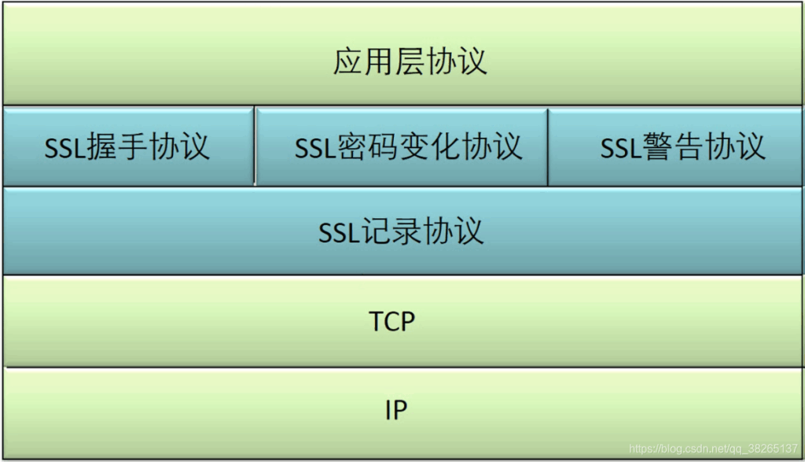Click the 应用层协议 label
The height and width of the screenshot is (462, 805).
[410, 61]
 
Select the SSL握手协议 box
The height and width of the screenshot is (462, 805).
[128, 146]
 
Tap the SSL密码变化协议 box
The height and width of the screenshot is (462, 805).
[402, 146]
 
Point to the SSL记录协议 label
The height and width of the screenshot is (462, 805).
[401, 231]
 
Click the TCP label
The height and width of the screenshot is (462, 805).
[391, 321]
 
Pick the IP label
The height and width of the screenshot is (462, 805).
[396, 410]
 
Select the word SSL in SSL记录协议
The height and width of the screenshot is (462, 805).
[340, 233]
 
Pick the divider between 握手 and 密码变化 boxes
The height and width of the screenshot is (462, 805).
[255, 146]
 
